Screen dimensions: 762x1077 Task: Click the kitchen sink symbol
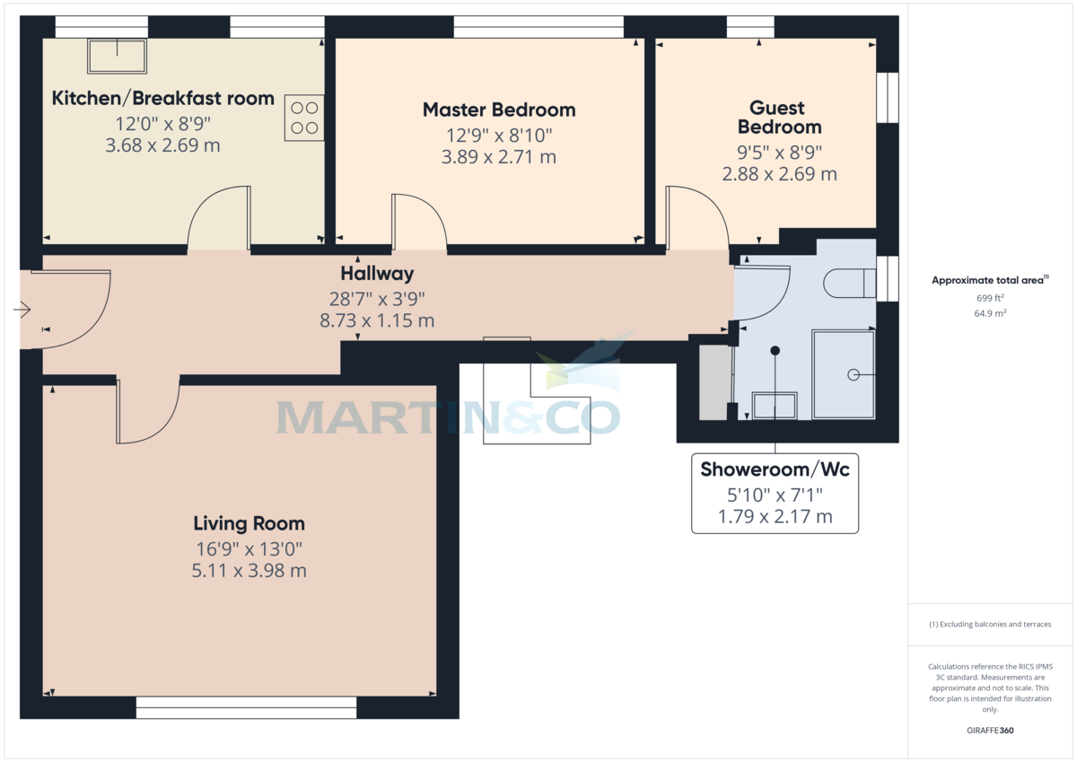pyautogui.click(x=117, y=57)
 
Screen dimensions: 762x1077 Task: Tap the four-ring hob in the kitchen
pyautogui.click(x=304, y=117)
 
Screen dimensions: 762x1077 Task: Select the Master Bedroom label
pyautogui.click(x=499, y=110)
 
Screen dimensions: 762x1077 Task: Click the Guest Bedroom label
pyautogui.click(x=779, y=118)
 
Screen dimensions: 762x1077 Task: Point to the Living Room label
pyautogui.click(x=250, y=523)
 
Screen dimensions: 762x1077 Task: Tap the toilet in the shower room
pyautogui.click(x=848, y=283)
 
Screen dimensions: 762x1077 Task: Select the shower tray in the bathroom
pyautogui.click(x=843, y=374)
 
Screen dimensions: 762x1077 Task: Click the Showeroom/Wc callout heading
pyautogui.click(x=775, y=469)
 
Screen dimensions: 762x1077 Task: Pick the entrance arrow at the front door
pyautogui.click(x=22, y=310)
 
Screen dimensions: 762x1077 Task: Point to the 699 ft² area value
pyautogui.click(x=991, y=297)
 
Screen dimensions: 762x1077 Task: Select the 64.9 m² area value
pyautogui.click(x=991, y=312)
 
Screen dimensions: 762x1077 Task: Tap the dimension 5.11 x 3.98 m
pyautogui.click(x=250, y=570)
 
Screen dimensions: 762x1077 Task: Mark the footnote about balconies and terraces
pyautogui.click(x=990, y=624)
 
